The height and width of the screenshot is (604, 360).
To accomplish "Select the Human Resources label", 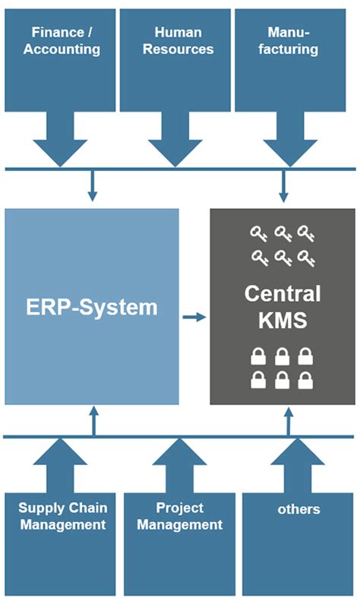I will tap(178, 41).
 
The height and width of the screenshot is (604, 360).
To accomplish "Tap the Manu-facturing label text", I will tap(293, 41).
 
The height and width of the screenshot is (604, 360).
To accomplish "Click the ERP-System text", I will tap(92, 308).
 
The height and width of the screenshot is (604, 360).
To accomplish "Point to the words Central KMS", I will tap(283, 307).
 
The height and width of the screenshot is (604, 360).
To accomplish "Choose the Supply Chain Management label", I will tap(63, 516).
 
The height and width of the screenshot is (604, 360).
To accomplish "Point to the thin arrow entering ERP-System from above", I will tap(92, 186).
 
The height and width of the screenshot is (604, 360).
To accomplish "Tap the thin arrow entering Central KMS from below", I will tap(289, 421).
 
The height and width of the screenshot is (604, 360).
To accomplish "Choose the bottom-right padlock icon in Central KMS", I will tap(305, 379).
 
